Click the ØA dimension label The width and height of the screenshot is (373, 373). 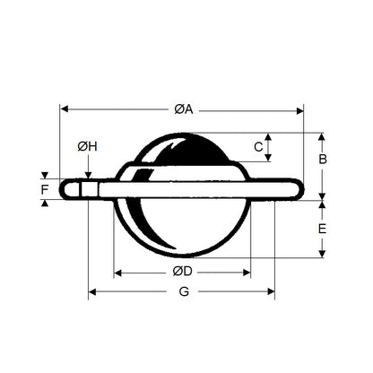pyautogui.click(x=182, y=109)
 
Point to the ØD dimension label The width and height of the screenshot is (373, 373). pyautogui.click(x=182, y=272)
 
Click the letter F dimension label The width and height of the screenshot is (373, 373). pyautogui.click(x=45, y=189)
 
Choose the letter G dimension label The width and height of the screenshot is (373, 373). pyautogui.click(x=183, y=292)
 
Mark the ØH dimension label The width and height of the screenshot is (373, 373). pyautogui.click(x=87, y=146)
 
